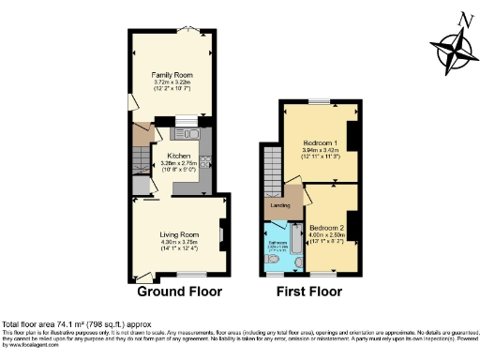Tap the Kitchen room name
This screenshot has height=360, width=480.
(x=178, y=157)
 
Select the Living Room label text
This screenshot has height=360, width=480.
(x=177, y=234)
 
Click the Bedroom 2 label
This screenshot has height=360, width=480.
(x=328, y=228)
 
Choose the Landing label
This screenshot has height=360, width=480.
(x=279, y=204)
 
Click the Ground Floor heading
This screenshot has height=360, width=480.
(x=179, y=292)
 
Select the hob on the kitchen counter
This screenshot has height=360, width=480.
(x=205, y=146)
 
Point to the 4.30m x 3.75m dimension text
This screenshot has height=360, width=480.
(x=177, y=243)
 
